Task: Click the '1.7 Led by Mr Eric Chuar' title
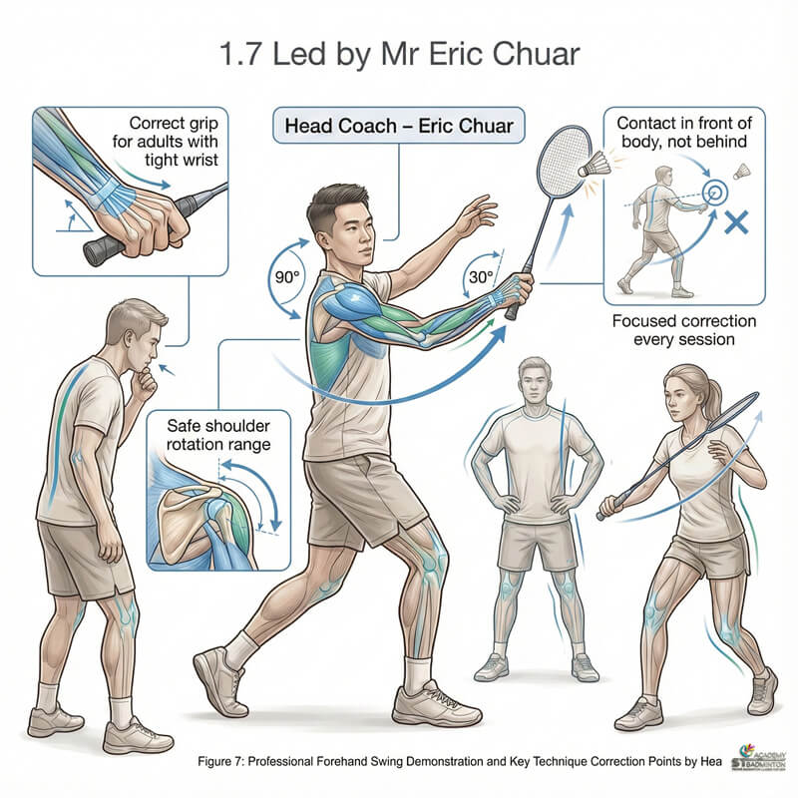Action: point(398,51)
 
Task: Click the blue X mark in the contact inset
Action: point(737,221)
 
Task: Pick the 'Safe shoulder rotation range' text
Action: point(212,434)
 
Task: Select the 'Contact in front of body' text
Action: point(684,133)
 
